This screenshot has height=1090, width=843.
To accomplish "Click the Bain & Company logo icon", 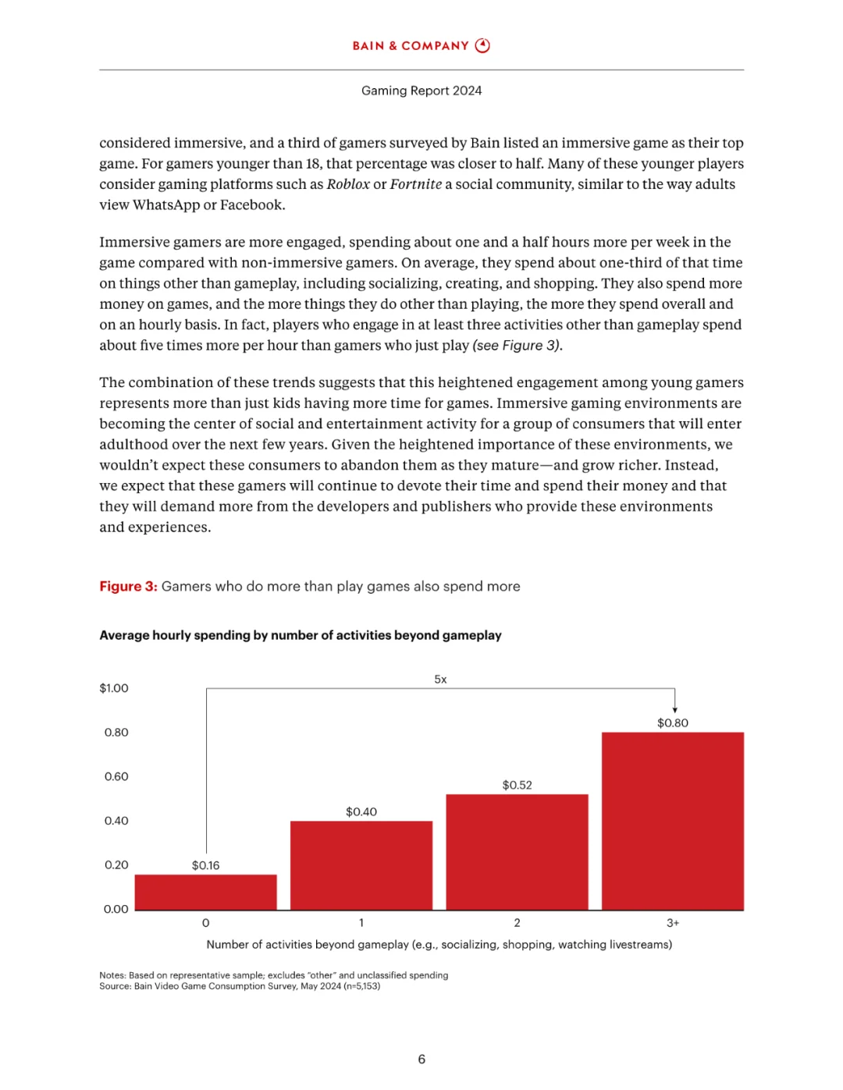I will tap(482, 45).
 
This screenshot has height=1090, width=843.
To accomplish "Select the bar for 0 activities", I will tap(205, 892).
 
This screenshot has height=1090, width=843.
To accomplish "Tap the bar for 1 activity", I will tap(361, 865).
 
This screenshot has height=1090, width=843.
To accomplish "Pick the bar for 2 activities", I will tap(517, 852).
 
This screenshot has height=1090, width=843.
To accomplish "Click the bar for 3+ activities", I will tap(673, 821).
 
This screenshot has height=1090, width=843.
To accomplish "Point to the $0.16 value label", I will tap(205, 865).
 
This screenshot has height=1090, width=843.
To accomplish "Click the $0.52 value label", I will tap(517, 785).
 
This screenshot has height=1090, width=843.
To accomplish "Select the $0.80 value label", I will tap(673, 723).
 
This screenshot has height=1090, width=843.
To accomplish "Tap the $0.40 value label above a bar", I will tap(361, 812).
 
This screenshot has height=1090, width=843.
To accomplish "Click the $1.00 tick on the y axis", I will tap(114, 688).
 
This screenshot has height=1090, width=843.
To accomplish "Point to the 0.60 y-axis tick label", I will tap(116, 776).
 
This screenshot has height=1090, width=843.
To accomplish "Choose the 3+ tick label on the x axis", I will tap(673, 923).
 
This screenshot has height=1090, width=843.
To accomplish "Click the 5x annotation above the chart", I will tap(440, 680).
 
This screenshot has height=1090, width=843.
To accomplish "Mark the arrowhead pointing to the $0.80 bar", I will tap(675, 709).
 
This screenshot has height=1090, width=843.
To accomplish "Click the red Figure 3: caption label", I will tap(128, 587).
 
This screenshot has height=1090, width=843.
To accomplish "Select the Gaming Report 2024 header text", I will tap(421, 91).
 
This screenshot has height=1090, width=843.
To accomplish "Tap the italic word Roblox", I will tap(348, 184).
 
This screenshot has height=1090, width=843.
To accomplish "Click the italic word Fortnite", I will tap(416, 184).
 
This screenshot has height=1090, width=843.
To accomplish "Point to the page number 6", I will tap(421, 1060).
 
